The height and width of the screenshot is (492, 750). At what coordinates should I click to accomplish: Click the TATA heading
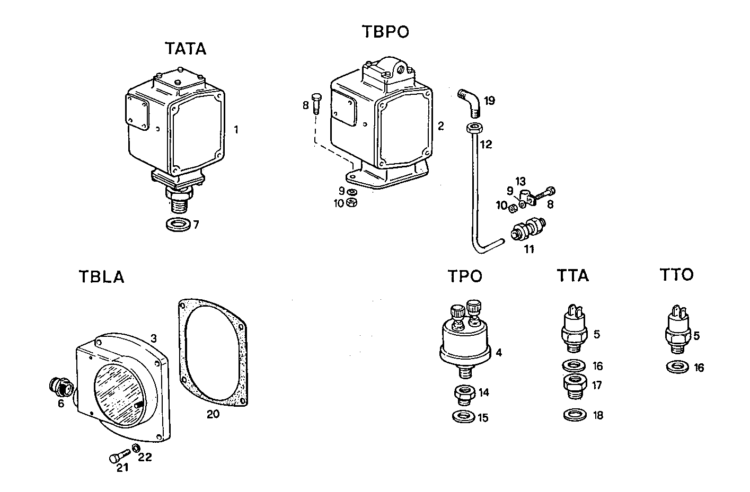pos(185,49)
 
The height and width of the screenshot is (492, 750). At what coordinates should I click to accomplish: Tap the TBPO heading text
pos(385,32)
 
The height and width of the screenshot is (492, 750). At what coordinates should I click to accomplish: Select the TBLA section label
pos(101,277)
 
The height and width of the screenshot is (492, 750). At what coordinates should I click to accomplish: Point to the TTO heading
pos(677,275)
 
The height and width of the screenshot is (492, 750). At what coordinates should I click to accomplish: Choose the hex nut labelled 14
pos(465,394)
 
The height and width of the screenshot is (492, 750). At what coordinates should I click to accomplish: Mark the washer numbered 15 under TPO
pos(464,416)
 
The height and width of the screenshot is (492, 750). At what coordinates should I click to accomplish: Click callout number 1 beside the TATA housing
pos(236,129)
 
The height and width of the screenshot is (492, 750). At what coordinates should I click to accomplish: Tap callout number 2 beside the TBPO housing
pos(440,126)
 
